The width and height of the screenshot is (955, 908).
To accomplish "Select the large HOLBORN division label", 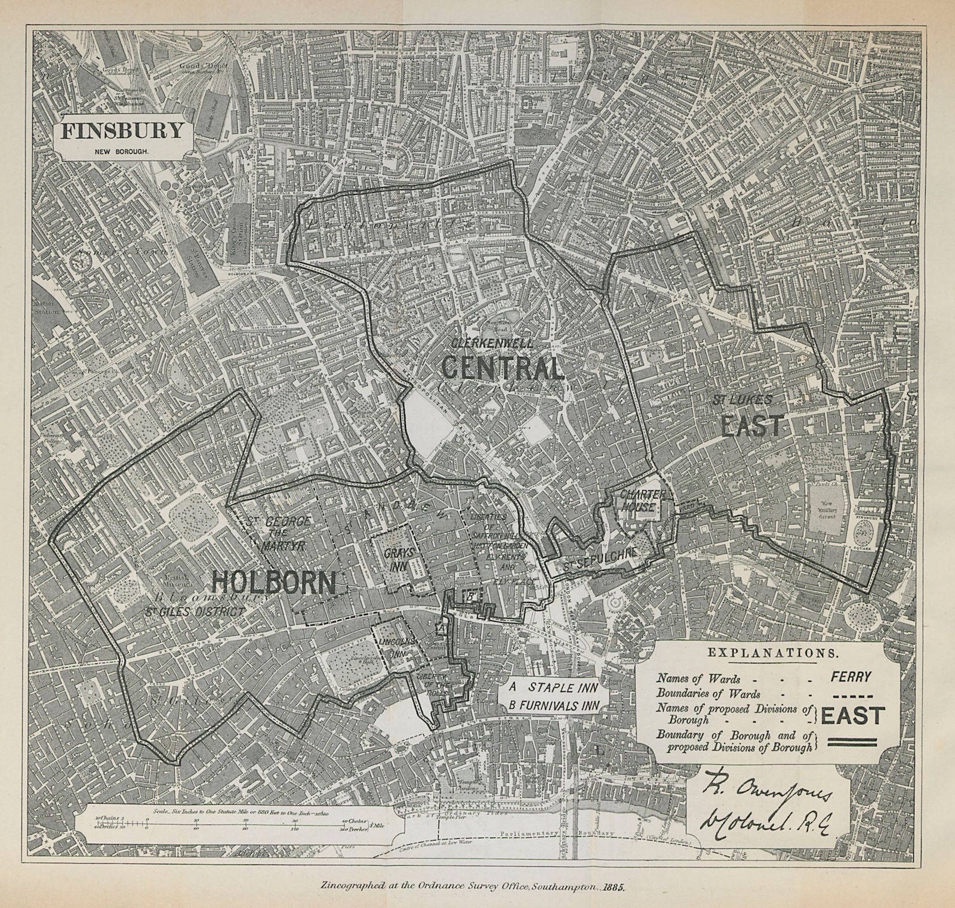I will (x=275, y=581).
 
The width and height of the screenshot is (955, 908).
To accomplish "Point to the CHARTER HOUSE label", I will (x=639, y=501).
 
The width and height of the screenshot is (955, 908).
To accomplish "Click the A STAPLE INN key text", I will (x=552, y=686).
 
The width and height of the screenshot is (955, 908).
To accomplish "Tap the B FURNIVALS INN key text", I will (x=553, y=705).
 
